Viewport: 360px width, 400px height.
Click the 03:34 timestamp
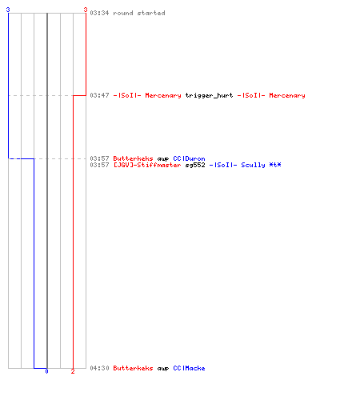(99, 13)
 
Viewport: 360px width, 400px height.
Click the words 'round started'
(139, 13)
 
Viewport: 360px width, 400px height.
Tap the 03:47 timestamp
(99, 95)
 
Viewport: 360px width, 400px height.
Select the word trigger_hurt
(209, 95)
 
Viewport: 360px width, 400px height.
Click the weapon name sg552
(195, 165)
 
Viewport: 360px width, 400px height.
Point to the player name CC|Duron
(189, 158)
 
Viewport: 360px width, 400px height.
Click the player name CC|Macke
(189, 368)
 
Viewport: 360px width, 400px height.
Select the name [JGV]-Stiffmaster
(147, 165)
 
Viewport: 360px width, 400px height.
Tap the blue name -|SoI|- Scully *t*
(245, 165)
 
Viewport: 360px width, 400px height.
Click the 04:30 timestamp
(99, 368)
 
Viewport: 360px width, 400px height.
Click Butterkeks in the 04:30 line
(133, 368)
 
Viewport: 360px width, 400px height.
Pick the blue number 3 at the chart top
(8, 10)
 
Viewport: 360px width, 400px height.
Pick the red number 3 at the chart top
(86, 10)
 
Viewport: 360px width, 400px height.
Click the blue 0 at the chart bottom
(46, 371)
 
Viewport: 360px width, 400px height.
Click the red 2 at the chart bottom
(73, 371)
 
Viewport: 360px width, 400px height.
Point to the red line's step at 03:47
(79, 95)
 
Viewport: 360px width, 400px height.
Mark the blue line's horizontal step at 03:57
(21, 158)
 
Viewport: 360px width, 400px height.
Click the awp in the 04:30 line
(163, 369)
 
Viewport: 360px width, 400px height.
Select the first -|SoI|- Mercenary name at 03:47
(147, 95)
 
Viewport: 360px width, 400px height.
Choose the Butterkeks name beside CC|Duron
(133, 158)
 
